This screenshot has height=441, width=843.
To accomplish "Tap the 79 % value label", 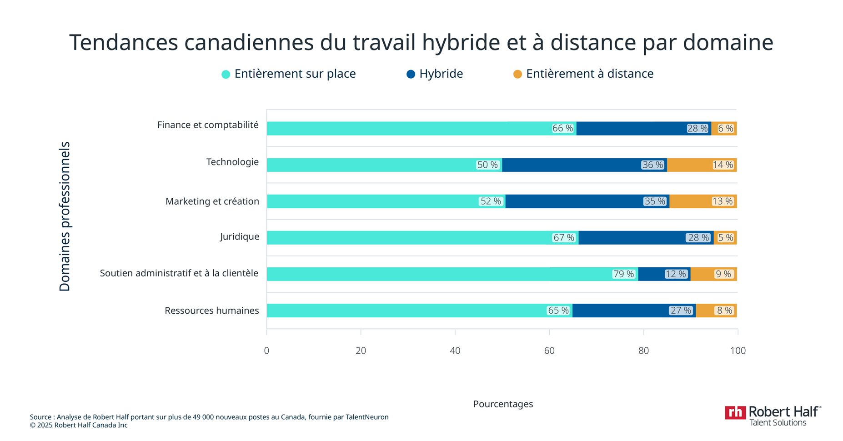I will pos(623,274).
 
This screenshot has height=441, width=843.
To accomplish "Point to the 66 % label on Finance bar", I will pos(562,129).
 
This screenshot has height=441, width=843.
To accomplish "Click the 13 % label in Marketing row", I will pos(723,201).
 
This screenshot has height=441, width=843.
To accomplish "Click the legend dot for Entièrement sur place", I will pos(226,74).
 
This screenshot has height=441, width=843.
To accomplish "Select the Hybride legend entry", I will pos(441,74).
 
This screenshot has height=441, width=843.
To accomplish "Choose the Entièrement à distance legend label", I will pos(589,74).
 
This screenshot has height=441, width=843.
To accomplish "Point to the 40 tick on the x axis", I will pos(455,351).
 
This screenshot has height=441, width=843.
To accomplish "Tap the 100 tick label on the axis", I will pos(738,351).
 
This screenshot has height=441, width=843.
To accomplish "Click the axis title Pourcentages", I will pos(503,404).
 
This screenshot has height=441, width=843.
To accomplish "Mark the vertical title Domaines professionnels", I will pos(65,216).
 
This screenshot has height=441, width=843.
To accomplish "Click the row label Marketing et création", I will pos(212,201).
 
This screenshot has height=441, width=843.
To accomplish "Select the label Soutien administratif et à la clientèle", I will pos(179,273).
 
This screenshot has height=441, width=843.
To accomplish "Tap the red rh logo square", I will pos(735,412).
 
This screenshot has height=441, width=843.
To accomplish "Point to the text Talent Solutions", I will pos(778,423).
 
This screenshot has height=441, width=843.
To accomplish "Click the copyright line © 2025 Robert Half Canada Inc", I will pos(79,426).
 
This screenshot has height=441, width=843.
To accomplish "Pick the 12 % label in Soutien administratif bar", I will pos(676,274).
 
